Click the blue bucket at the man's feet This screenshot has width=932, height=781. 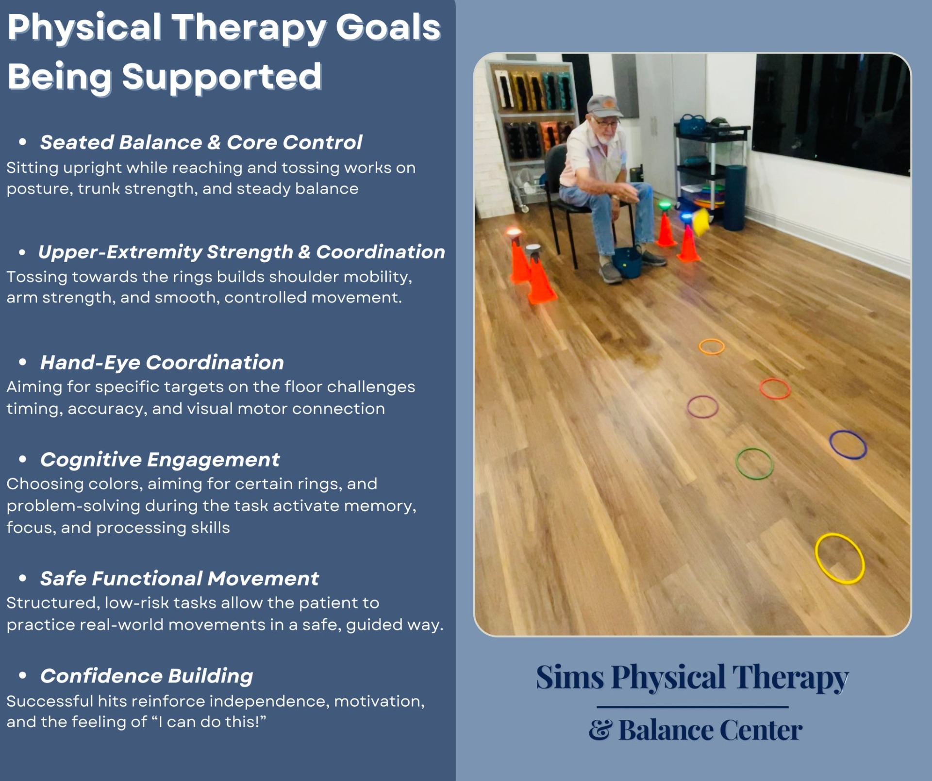(627, 263)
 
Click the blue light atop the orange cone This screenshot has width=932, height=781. (686, 217)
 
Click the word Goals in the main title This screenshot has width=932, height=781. (388, 28)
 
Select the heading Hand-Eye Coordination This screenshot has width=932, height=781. (162, 363)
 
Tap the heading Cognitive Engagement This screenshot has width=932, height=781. (160, 460)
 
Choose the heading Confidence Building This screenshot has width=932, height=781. (147, 676)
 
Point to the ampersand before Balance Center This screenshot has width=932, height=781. (600, 730)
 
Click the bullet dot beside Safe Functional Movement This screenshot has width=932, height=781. (22, 578)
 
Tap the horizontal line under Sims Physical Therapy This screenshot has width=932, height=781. (692, 707)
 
